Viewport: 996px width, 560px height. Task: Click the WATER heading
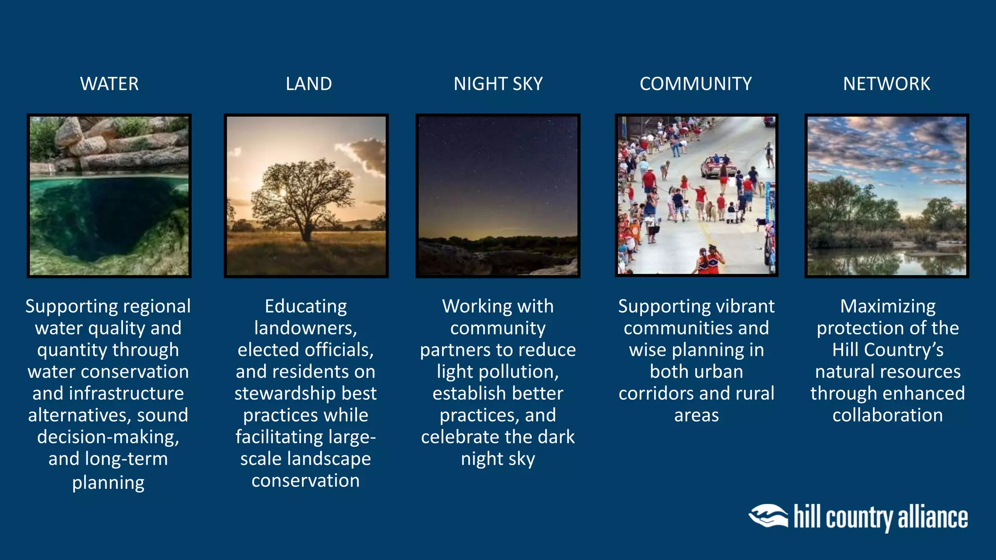coord(109,84)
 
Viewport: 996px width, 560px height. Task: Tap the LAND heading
coord(309,84)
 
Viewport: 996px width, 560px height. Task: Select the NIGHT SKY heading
coord(498,84)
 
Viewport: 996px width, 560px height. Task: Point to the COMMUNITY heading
coord(695,84)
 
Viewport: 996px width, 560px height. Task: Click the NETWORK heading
coord(887,84)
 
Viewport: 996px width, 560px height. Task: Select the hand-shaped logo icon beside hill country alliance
coord(768,516)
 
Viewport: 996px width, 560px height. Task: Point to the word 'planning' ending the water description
coord(108,483)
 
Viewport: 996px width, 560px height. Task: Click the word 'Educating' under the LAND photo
coord(305,306)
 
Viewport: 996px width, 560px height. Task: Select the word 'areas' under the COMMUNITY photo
coord(696,416)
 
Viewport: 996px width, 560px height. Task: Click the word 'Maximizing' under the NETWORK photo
coord(888,306)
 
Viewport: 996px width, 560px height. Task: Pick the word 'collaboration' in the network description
coord(888,416)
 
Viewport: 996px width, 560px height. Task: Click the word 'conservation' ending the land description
coord(305,481)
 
